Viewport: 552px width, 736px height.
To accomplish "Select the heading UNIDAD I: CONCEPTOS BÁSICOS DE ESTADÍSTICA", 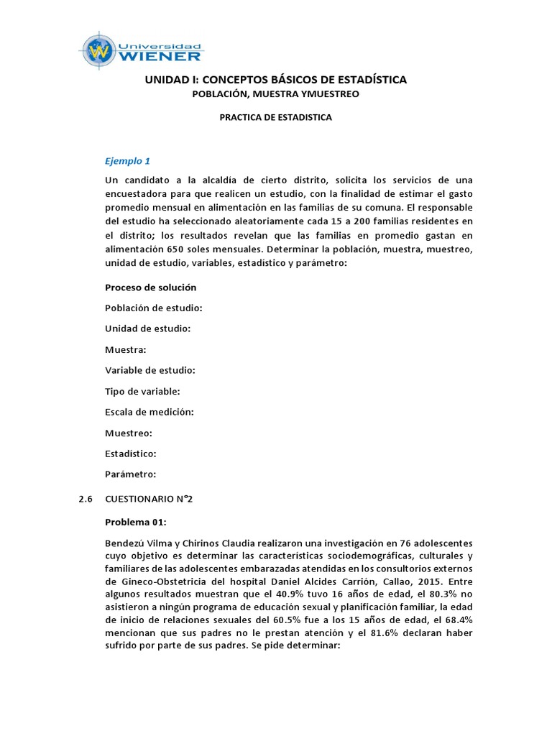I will tap(275, 80).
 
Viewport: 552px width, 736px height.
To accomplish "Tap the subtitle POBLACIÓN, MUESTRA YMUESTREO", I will tap(275, 94).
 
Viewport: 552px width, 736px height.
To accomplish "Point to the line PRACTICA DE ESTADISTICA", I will tap(275, 117).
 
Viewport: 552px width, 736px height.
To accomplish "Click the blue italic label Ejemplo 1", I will tap(127, 160).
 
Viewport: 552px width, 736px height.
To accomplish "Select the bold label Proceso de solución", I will tap(150, 287).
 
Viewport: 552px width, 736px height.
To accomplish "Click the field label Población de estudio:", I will tap(153, 308).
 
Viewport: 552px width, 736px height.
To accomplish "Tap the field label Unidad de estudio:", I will tap(147, 328).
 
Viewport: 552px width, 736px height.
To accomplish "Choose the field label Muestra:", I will tap(126, 349).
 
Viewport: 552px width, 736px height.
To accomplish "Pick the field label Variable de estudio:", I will tap(149, 370).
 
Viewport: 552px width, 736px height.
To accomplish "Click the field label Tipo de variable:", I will tap(142, 391).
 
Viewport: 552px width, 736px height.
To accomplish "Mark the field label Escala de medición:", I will tap(149, 412).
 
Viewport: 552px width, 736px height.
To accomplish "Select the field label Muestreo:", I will tap(128, 433).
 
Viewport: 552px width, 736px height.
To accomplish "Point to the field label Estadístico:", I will tap(131, 454).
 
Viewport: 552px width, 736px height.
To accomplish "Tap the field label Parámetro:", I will tap(130, 474).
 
